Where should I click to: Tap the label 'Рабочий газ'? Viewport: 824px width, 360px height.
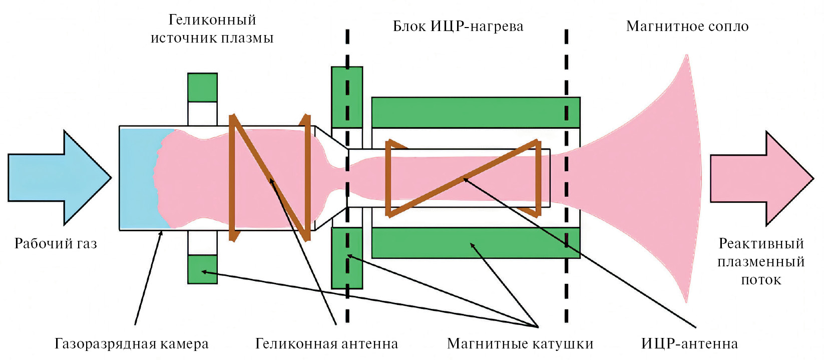pos(56,244)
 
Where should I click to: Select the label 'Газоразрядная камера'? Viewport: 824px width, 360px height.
pos(131,344)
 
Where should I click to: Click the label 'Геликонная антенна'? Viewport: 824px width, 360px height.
pos(326,344)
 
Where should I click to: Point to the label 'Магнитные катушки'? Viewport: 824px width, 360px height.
pos(520,344)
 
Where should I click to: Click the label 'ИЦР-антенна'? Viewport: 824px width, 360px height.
pos(689,344)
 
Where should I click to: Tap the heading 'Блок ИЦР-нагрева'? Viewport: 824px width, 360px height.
pos(458,27)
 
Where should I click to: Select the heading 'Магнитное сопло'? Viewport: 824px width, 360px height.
pos(687,27)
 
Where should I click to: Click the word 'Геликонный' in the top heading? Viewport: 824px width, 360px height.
pos(212,20)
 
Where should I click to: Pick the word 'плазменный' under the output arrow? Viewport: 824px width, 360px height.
pos(760,262)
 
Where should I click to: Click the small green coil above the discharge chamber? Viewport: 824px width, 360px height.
pos(202,88)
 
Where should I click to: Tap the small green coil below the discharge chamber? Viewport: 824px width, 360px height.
pos(202,269)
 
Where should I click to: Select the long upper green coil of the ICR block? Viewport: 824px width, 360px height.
pos(476,112)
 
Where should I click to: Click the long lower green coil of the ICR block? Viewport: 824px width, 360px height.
pos(476,243)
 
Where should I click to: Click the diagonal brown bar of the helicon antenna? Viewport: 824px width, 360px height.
pos(270,178)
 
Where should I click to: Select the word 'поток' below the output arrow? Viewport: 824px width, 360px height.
pos(760,280)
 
